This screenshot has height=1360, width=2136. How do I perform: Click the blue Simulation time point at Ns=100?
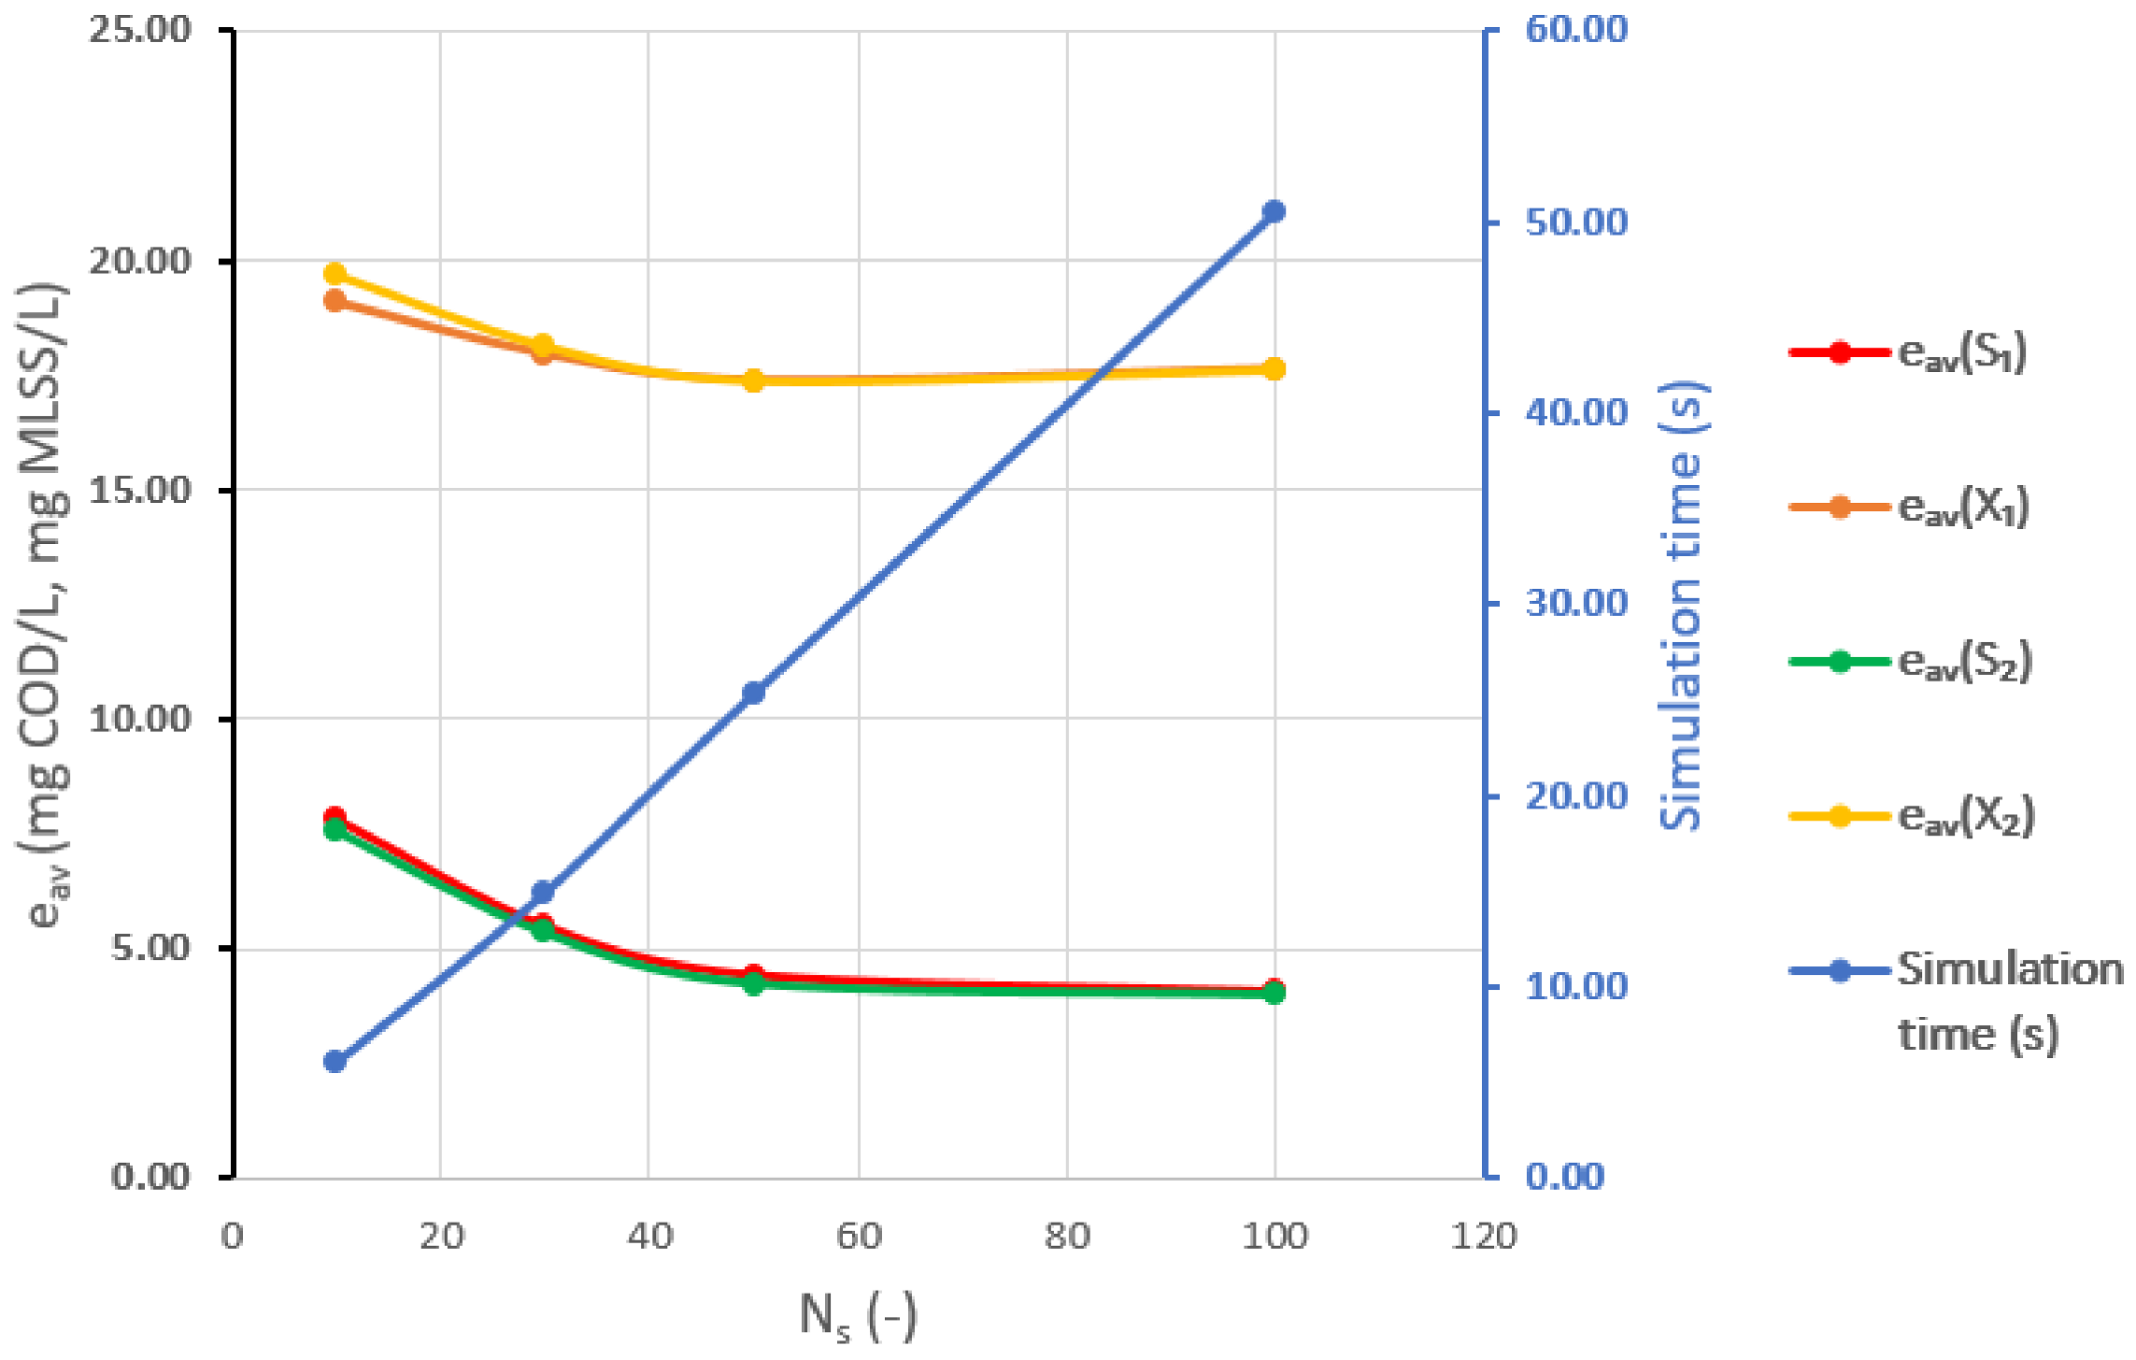(1274, 211)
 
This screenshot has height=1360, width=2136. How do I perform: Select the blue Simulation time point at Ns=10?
(335, 1061)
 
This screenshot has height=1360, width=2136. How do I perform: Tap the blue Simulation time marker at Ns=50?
(753, 693)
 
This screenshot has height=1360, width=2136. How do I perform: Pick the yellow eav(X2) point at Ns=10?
(335, 274)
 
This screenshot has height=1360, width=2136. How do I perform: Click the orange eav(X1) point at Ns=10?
(335, 300)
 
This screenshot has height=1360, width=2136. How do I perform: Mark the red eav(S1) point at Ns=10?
(335, 817)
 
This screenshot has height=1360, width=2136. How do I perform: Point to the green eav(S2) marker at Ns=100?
(1274, 994)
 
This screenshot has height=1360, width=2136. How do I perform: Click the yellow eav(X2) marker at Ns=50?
(753, 380)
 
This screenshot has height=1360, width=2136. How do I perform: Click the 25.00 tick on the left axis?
(140, 29)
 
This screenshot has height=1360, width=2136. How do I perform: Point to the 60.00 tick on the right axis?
(1576, 29)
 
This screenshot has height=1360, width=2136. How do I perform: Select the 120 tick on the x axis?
(1483, 1236)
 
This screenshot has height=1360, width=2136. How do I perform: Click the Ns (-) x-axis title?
(858, 1315)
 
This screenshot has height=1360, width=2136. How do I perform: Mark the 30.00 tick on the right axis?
(1576, 603)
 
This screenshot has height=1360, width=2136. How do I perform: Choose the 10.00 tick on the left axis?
(140, 719)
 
